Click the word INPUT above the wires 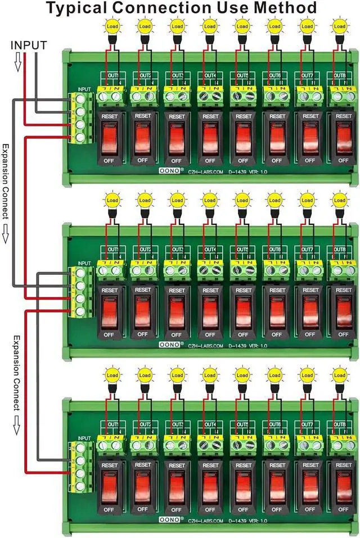click(29, 44)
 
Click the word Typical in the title click(75, 8)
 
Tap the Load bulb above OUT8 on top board click(339, 26)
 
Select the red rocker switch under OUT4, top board click(210, 138)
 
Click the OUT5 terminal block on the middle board click(243, 270)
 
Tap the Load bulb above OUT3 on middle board click(177, 200)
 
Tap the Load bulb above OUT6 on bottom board click(274, 374)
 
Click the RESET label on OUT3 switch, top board click(177, 117)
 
